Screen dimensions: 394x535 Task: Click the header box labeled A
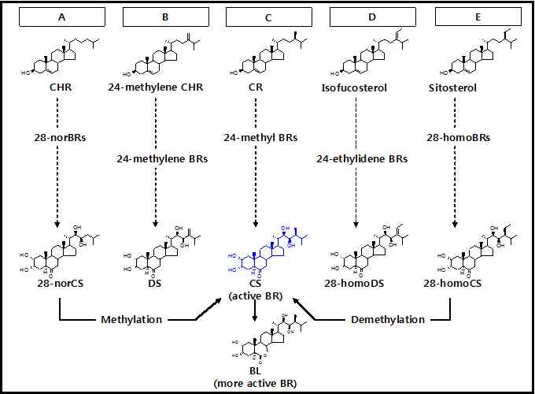pos(61,16)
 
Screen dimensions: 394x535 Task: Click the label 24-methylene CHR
pos(156,87)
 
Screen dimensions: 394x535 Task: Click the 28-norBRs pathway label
pos(61,137)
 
